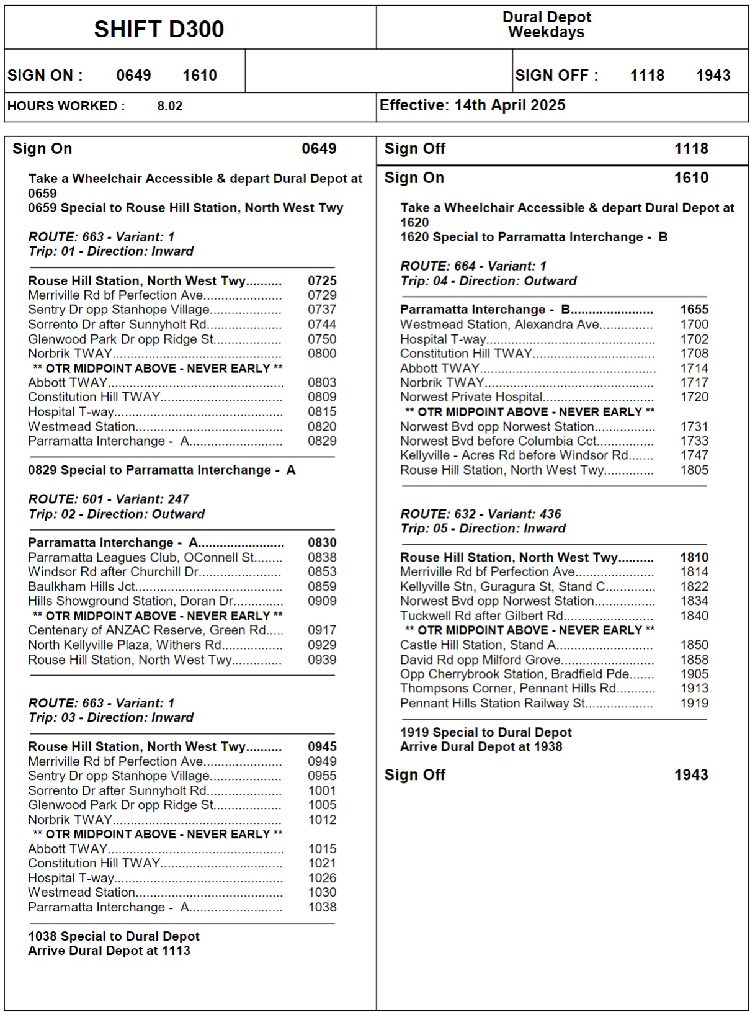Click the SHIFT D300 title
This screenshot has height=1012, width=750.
(x=159, y=29)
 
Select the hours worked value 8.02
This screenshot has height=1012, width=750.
(x=169, y=106)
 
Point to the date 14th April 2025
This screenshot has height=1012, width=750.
(x=510, y=105)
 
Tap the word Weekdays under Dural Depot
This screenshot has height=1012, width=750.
(x=546, y=32)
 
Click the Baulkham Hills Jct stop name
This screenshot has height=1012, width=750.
(x=81, y=586)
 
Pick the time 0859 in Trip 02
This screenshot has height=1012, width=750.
(x=322, y=586)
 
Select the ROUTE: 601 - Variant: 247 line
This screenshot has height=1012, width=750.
(x=109, y=499)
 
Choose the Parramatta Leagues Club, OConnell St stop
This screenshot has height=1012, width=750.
(x=141, y=557)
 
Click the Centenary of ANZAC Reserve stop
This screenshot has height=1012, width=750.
(x=146, y=630)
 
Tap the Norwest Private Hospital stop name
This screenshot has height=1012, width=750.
(x=471, y=397)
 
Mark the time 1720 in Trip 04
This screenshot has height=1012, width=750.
(x=694, y=397)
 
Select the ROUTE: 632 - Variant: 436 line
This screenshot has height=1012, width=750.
(x=481, y=514)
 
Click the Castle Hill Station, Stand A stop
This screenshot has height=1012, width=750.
(x=477, y=645)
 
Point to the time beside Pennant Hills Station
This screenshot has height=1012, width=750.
(x=694, y=703)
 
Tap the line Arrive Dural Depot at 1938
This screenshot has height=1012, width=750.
(x=481, y=746)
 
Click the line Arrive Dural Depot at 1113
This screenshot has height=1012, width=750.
(x=109, y=951)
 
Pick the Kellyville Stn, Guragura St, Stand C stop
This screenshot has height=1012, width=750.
(x=502, y=586)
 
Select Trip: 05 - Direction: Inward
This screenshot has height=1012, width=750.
(x=483, y=529)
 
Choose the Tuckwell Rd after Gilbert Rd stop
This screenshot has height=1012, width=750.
(x=481, y=616)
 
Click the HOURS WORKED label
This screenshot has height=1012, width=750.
(x=66, y=106)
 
